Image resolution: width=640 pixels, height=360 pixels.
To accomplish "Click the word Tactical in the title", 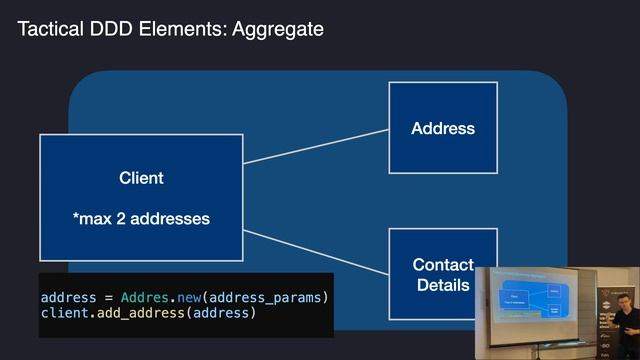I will (x=48, y=29).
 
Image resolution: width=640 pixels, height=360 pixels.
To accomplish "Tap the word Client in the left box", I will (x=141, y=178).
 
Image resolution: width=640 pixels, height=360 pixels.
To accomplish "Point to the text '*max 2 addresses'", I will (x=141, y=218).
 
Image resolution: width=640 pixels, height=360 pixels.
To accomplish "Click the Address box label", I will (x=443, y=128).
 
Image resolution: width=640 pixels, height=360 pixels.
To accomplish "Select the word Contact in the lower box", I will (x=443, y=265).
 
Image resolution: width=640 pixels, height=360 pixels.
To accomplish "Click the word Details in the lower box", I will (x=443, y=285).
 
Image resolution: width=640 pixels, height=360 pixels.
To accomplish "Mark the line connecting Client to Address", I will (x=315, y=145).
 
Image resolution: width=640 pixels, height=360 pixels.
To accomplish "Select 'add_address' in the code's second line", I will (x=144, y=314).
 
